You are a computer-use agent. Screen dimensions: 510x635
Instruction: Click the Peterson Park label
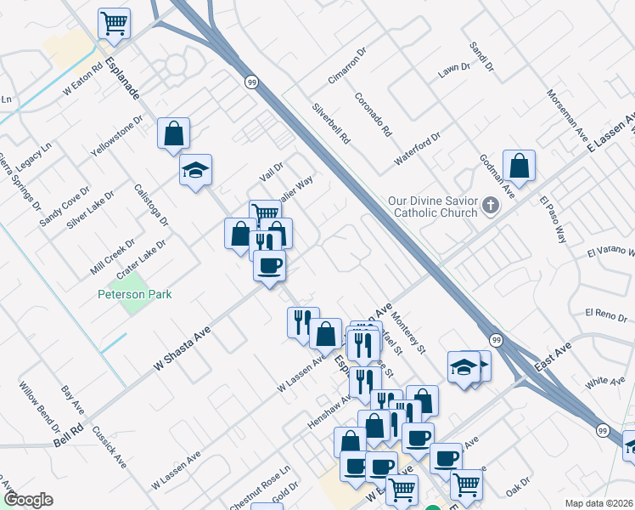point(134,294)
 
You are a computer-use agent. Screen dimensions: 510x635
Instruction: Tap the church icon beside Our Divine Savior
point(491,205)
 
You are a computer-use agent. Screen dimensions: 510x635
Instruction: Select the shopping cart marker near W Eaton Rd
point(114,23)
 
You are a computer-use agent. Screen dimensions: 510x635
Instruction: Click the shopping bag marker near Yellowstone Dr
point(173,133)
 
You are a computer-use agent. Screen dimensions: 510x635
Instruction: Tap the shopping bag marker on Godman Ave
point(519,165)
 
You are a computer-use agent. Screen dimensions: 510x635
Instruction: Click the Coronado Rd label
point(374,114)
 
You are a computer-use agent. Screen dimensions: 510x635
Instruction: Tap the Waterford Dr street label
point(418,149)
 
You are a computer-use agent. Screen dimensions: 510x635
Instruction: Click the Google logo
point(28,499)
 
